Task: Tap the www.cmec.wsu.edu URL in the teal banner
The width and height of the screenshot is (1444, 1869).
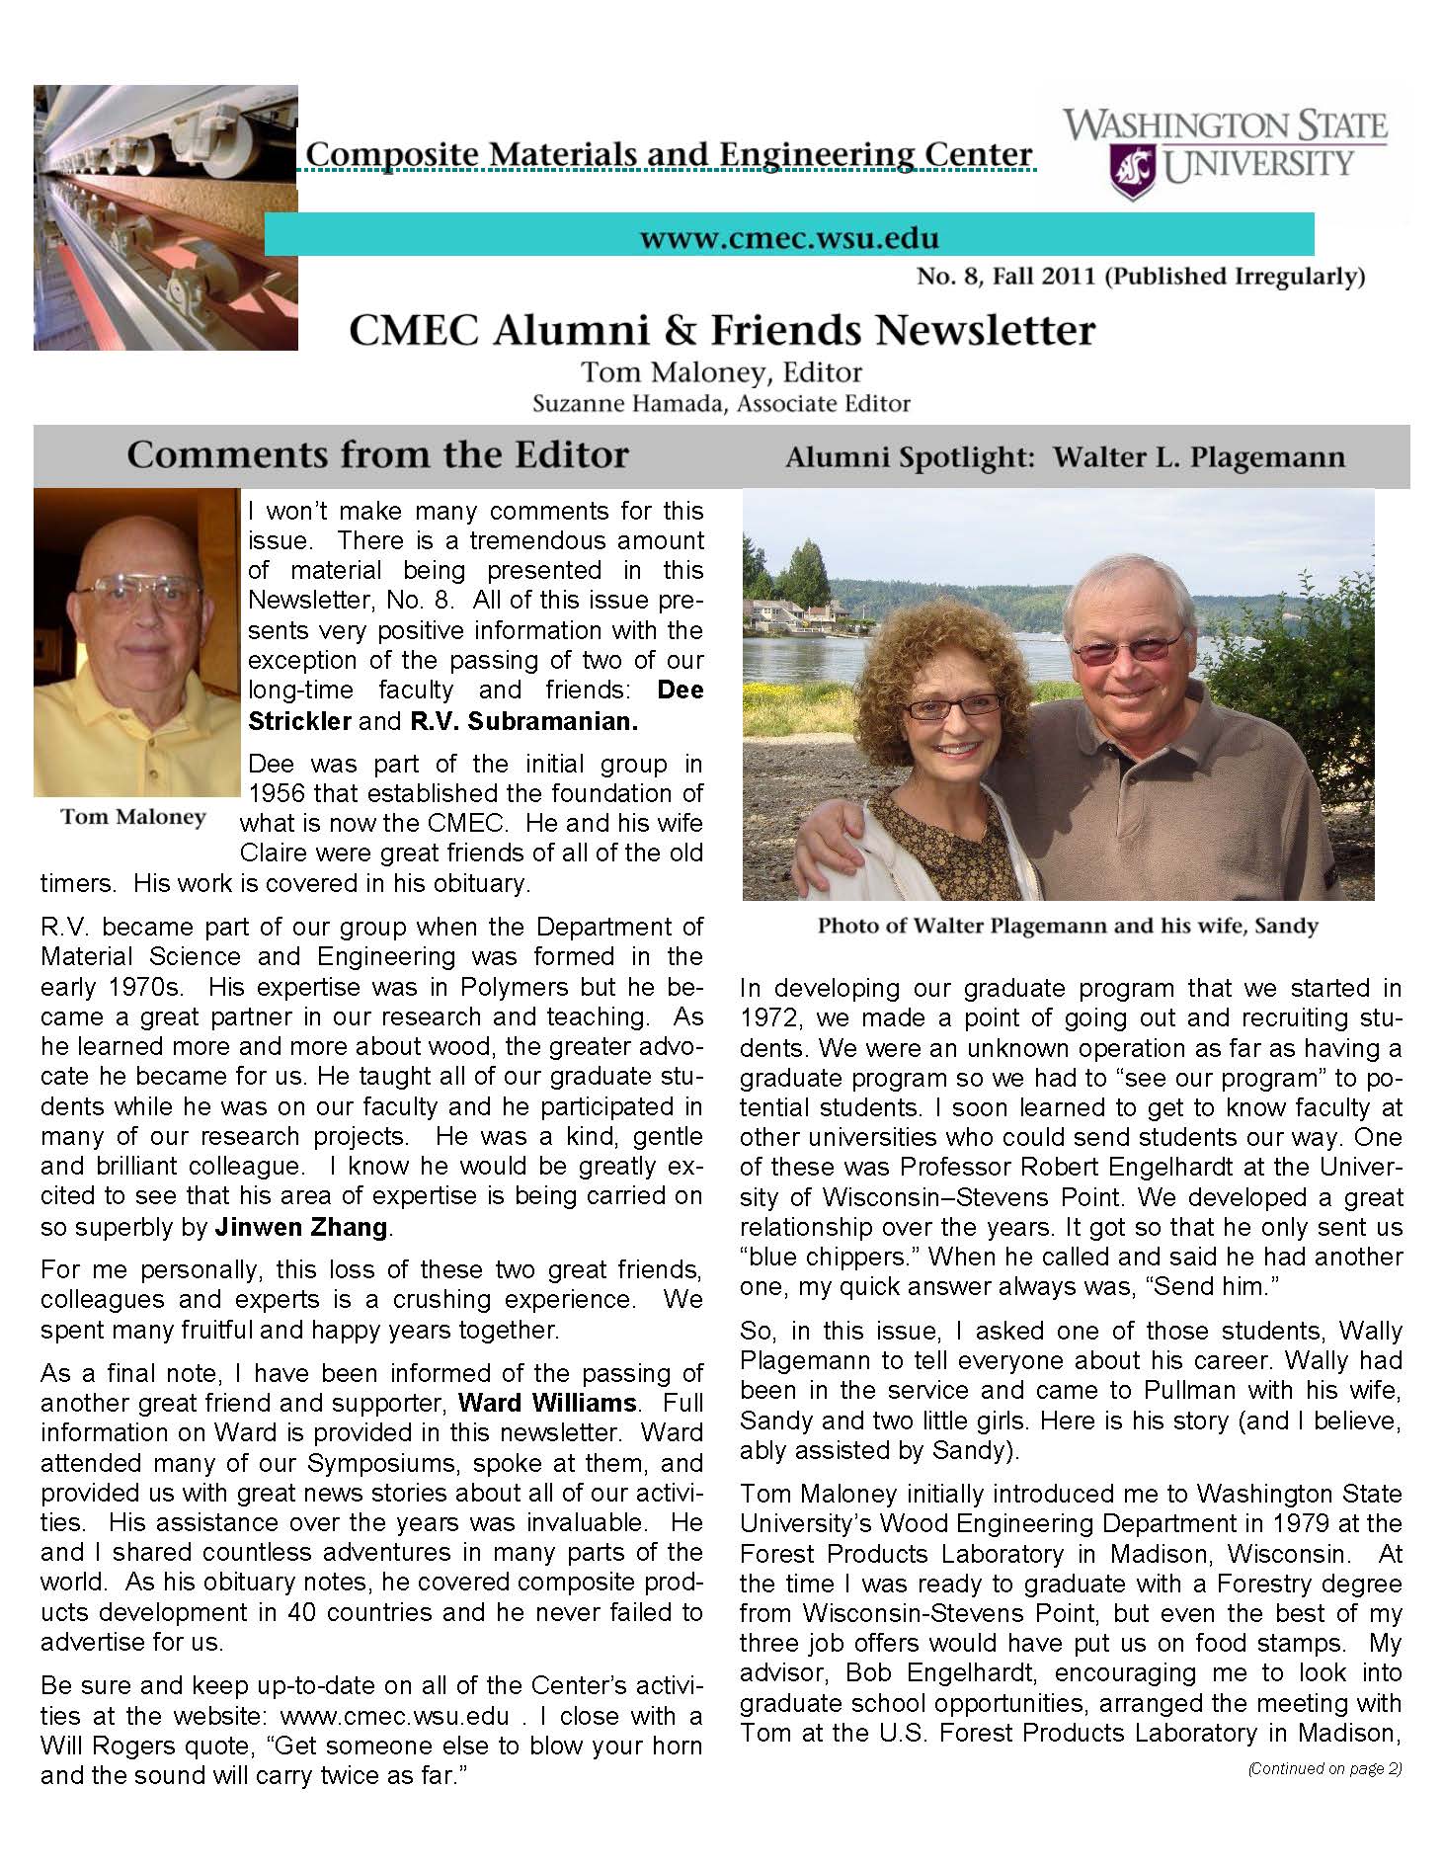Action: [789, 238]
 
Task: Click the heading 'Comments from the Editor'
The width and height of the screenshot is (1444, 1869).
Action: [377, 454]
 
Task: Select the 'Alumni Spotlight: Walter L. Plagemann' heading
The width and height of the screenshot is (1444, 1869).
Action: [1065, 457]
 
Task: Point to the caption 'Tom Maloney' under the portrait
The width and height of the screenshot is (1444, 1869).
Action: [133, 817]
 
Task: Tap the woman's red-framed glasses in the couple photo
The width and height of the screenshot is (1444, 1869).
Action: [952, 707]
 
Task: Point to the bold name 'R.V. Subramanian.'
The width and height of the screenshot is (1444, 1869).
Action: [523, 721]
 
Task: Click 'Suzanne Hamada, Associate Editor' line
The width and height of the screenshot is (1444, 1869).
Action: [721, 403]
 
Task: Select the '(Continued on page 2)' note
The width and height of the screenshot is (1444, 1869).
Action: [1324, 1769]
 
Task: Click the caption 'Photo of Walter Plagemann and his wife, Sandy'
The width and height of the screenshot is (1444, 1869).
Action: [1067, 927]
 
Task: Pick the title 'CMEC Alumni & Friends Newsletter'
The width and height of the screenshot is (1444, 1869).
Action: [722, 330]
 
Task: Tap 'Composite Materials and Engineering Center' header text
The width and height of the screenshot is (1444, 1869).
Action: [669, 154]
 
